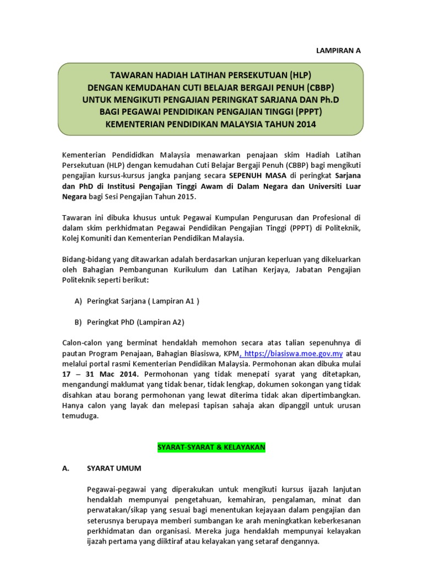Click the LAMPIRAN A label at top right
[x=338, y=50]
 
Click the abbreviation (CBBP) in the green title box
[x=316, y=88]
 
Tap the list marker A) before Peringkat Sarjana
[x=78, y=301]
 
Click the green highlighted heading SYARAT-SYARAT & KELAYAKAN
[x=211, y=447]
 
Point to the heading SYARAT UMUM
[x=114, y=468]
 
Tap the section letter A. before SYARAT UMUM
[x=66, y=468]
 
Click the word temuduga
[x=80, y=416]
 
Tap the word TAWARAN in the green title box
[x=130, y=76]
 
